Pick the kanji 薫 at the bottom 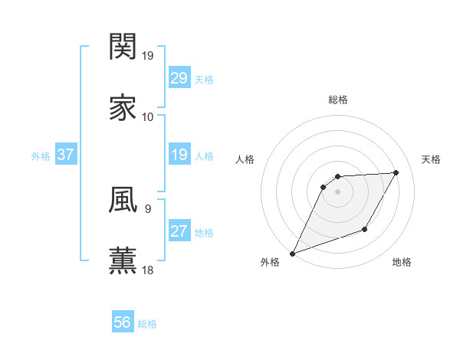[x=123, y=260]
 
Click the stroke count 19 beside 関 [x=149, y=56]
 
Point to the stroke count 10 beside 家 [x=148, y=117]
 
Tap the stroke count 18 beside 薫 [x=149, y=270]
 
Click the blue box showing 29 [x=179, y=78]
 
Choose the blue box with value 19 [x=179, y=155]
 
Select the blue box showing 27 [x=179, y=232]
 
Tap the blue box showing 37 [x=66, y=155]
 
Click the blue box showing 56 [x=123, y=323]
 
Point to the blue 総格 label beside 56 [x=147, y=324]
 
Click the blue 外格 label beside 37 [x=41, y=156]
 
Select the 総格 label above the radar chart [x=338, y=100]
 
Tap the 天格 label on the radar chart [x=431, y=159]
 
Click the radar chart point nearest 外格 [x=292, y=254]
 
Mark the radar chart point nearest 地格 [x=365, y=229]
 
